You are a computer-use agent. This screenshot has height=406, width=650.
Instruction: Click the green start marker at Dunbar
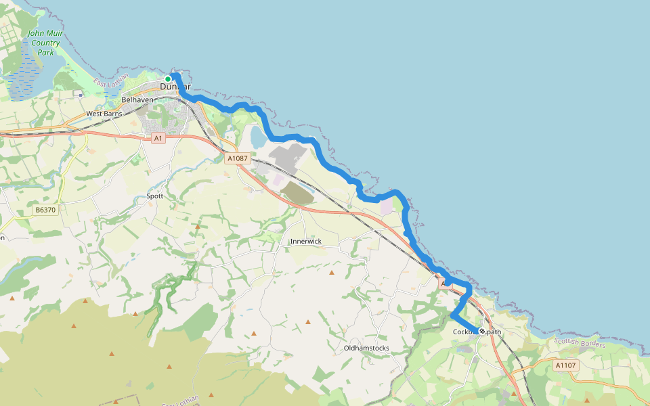[168, 79]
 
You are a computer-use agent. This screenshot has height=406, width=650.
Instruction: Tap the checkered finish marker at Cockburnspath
[481, 332]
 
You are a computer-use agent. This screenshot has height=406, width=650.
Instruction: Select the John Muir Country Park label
[45, 43]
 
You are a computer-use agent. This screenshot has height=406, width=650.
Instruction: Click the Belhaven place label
[138, 100]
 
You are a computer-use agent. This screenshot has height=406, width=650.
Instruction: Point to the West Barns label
[104, 114]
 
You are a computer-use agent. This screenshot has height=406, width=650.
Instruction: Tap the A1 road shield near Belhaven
[158, 138]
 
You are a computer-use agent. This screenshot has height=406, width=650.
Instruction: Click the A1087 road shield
[238, 158]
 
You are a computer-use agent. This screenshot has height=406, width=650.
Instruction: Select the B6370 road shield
[45, 210]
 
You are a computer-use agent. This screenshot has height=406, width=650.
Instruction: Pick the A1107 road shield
[565, 365]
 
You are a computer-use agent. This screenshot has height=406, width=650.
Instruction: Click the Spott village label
[155, 196]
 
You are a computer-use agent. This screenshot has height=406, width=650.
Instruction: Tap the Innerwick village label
[305, 242]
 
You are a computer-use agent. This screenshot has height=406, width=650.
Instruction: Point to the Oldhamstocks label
[366, 348]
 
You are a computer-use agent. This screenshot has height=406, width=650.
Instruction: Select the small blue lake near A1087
[258, 137]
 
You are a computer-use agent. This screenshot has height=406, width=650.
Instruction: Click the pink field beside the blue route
[386, 207]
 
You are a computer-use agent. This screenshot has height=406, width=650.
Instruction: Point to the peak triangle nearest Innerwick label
[332, 273]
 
